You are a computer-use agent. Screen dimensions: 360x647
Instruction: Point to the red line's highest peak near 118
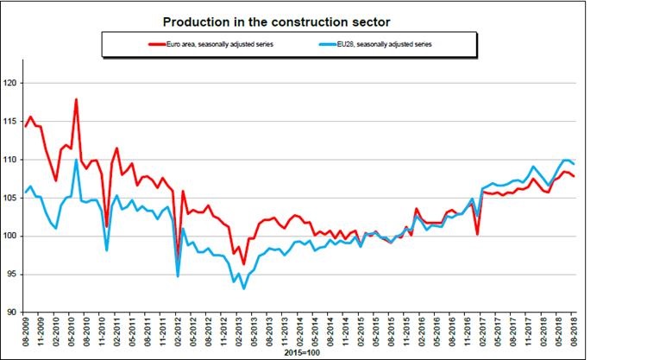[x=76, y=99]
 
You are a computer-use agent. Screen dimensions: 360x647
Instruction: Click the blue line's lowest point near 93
[x=244, y=288]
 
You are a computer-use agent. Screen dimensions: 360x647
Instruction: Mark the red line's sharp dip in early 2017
[x=477, y=234]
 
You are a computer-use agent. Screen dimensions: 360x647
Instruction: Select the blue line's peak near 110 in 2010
[x=76, y=160]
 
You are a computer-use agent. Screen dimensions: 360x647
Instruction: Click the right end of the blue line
[x=575, y=164]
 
